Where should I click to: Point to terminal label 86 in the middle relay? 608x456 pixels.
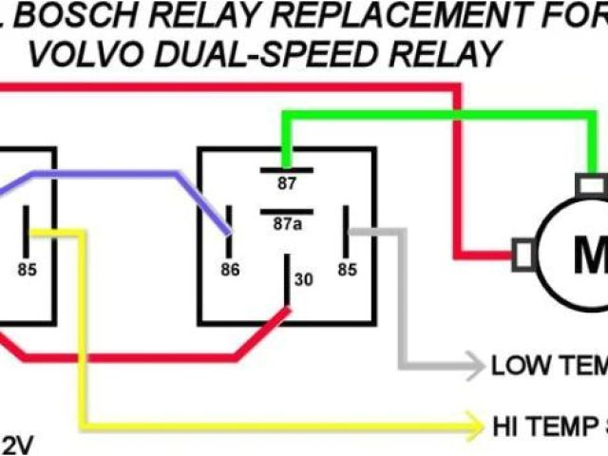229,270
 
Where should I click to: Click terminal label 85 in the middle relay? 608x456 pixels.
348,270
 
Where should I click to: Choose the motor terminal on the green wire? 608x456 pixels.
594,183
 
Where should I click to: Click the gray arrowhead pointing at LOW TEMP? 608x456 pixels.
474,363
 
